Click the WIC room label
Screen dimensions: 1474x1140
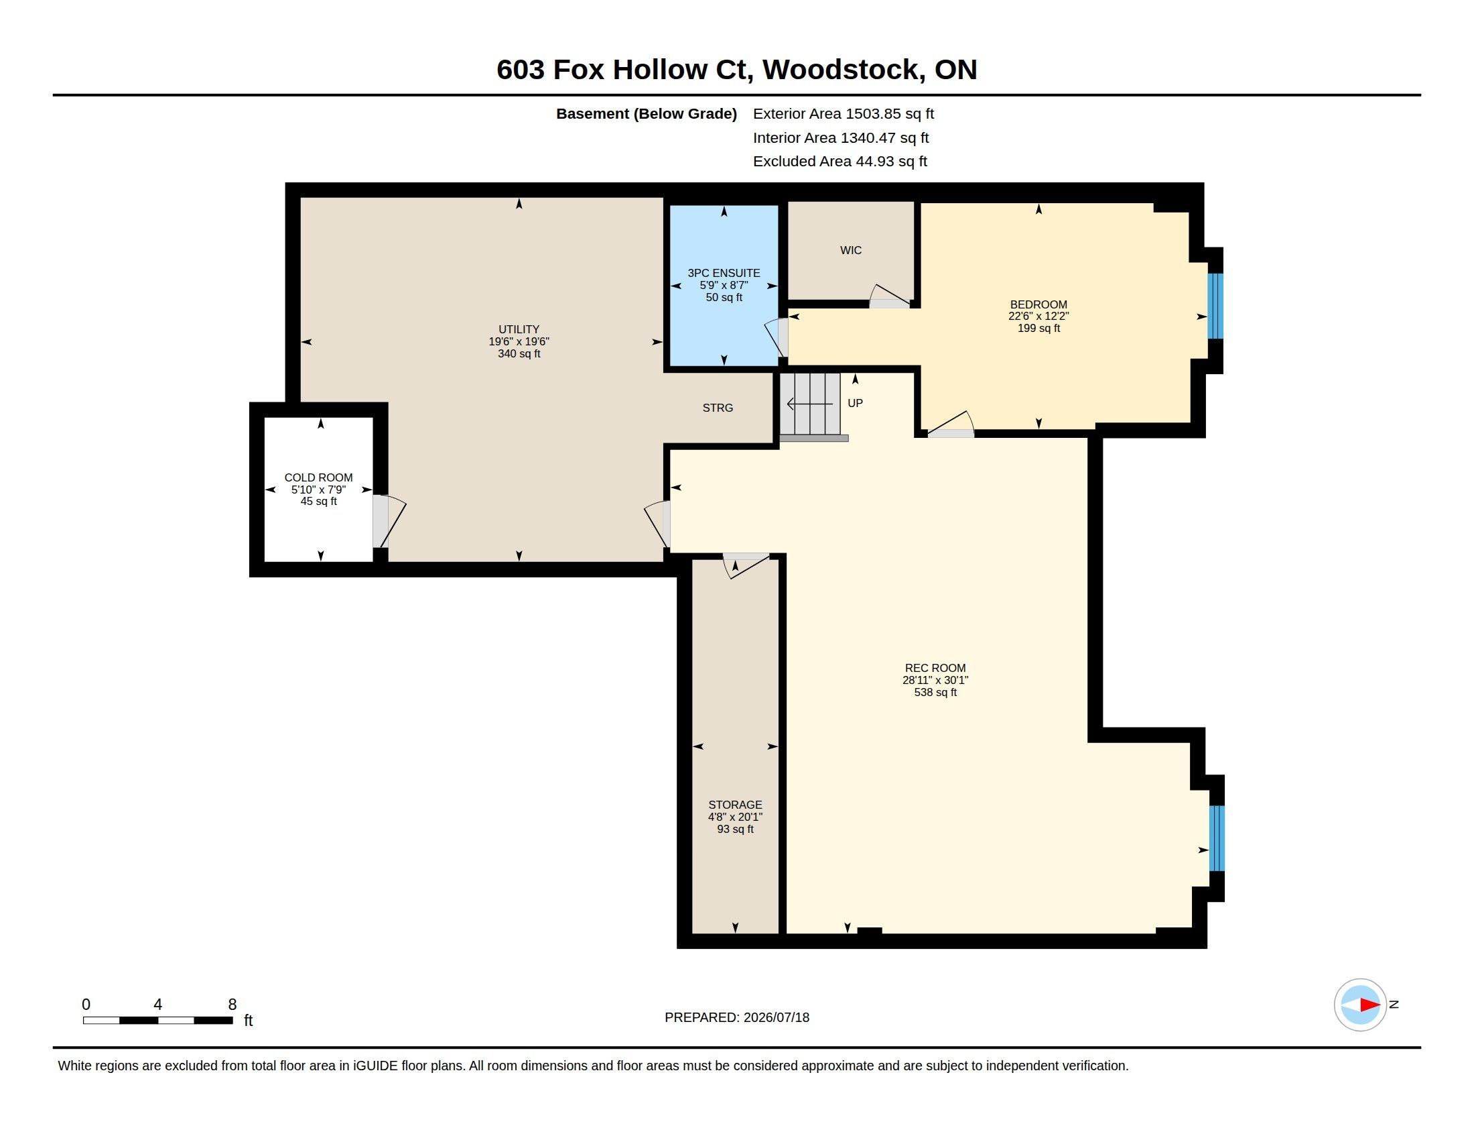850,251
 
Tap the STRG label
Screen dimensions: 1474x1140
718,408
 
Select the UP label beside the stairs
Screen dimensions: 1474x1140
855,403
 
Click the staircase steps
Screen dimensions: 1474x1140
811,404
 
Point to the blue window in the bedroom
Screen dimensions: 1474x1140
1215,306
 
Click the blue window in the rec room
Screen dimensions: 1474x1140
1216,838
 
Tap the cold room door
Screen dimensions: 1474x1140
389,520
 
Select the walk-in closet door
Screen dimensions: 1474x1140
890,296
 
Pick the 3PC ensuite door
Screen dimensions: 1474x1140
777,337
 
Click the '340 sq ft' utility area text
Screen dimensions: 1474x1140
519,354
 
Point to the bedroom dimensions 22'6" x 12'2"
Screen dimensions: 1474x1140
1038,316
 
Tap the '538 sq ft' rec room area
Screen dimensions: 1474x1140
935,692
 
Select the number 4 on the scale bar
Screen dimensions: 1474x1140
158,1005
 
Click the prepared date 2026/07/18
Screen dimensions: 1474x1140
776,1017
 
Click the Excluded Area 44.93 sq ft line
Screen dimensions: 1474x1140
840,162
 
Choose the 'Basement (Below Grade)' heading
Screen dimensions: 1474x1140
647,114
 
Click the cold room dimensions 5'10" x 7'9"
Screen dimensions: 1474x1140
318,490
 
